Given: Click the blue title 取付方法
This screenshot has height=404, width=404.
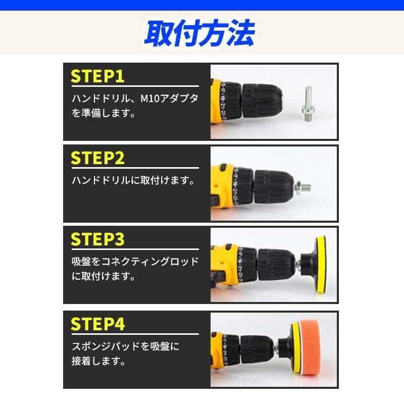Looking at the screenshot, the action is coord(199,33).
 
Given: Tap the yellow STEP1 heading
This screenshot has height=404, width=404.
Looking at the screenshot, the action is coord(97,76).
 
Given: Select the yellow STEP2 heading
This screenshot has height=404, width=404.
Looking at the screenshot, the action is coord(97,158).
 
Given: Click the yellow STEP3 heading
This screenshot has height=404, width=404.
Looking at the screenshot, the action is coord(97,239).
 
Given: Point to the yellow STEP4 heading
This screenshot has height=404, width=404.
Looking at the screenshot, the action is coord(97,324).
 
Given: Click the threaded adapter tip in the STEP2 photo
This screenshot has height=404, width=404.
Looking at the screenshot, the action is coord(304,186).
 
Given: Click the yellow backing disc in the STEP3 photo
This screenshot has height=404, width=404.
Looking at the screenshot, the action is coord(321,265).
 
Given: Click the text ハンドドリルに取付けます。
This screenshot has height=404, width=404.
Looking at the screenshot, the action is coord(133,180).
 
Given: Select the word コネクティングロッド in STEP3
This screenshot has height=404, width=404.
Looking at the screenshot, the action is coord(150,262).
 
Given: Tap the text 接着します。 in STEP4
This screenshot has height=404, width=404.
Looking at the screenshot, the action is coord(98,361).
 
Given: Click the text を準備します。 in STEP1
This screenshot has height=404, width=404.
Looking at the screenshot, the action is coord(104,113).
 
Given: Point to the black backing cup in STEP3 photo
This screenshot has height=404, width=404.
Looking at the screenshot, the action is coord(308,265).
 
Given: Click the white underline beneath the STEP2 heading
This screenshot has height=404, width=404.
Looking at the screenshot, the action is coord(135,168).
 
